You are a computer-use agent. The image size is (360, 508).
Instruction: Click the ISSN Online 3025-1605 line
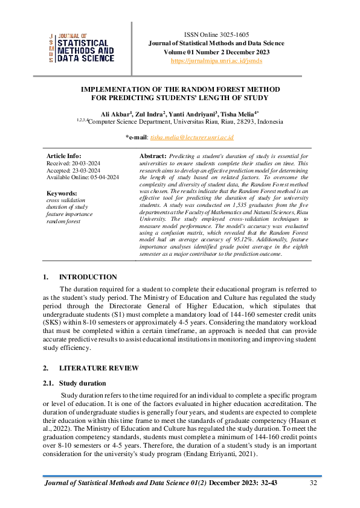point(216,34)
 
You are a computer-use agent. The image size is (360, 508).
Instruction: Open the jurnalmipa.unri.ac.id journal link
point(216,61)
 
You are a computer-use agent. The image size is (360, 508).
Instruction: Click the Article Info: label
point(63,156)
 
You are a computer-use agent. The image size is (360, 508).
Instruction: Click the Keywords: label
point(62,193)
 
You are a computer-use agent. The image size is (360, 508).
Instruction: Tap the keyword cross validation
point(66,200)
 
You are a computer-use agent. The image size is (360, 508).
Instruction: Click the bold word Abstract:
point(153,156)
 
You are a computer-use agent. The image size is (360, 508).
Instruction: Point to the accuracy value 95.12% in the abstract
point(229,247)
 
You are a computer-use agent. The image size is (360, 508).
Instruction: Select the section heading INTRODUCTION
point(88,277)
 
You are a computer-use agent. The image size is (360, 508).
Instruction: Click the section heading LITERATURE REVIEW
point(98,368)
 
